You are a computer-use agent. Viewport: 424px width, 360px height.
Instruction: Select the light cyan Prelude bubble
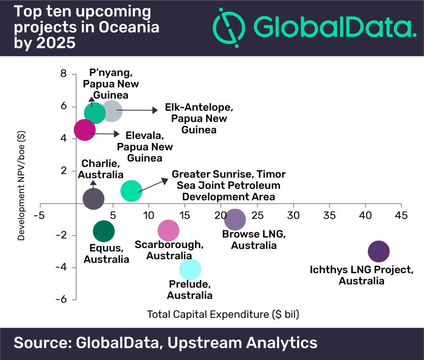190,269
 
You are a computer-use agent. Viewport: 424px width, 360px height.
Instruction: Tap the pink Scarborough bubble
169,231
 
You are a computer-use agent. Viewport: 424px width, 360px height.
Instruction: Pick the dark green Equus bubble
104,231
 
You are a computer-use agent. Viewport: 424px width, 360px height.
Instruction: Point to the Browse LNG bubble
235,220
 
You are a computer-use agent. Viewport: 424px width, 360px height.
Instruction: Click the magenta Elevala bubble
84,130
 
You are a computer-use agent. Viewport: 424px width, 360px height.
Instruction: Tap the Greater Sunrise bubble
131,191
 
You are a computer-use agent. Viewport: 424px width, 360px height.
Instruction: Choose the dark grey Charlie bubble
93,199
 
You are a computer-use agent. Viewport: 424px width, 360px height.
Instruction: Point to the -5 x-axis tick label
39,215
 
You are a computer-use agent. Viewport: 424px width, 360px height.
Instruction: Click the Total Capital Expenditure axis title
223,314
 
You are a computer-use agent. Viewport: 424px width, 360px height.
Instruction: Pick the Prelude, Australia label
190,290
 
